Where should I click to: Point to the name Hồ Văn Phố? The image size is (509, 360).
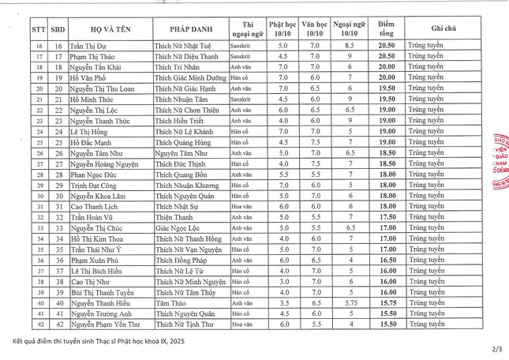88,77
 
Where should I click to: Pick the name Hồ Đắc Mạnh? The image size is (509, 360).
92,141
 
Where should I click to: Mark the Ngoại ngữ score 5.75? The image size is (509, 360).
351,302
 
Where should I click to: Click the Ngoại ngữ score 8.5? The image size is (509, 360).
350,47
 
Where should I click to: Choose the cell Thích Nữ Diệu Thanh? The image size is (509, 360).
187,57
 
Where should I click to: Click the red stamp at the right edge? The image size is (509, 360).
500,158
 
